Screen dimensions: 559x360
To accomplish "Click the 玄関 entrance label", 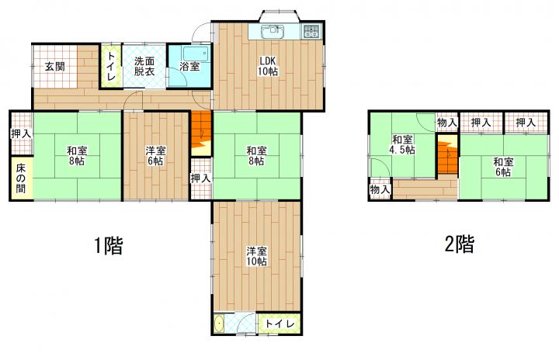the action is coord(55,66).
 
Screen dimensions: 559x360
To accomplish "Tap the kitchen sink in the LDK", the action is coord(273,31).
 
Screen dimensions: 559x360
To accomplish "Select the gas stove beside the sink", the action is coord(312,31).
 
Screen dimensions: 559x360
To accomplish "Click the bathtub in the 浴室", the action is coord(196,54).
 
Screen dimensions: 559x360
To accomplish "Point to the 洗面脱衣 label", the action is coord(144,66).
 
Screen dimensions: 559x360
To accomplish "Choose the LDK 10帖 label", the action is coord(268,66).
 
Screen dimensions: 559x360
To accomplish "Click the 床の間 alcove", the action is coord(22,178).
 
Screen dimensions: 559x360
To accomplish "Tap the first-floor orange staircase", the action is coord(201,133).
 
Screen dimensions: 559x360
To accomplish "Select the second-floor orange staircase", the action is coord(447,154).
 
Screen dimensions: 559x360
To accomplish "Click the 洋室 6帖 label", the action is coord(155,156).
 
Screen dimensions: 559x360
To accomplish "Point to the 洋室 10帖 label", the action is coord(257,256).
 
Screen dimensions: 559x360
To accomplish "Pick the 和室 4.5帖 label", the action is coord(402,145).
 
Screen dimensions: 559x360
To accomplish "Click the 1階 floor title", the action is coord(109,246).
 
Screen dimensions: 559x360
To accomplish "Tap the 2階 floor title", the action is coord(460,244).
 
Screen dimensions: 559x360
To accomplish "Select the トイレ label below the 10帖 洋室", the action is coord(279,324).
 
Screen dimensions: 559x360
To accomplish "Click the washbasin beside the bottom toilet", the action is coord(219,324).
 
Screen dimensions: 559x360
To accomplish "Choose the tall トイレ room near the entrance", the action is coord(111,66).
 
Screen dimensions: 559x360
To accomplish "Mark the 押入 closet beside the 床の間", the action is coord(22,134).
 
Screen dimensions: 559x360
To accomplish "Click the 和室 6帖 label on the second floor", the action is coord(503,167).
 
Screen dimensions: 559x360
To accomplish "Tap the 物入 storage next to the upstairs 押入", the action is coord(447,123).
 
